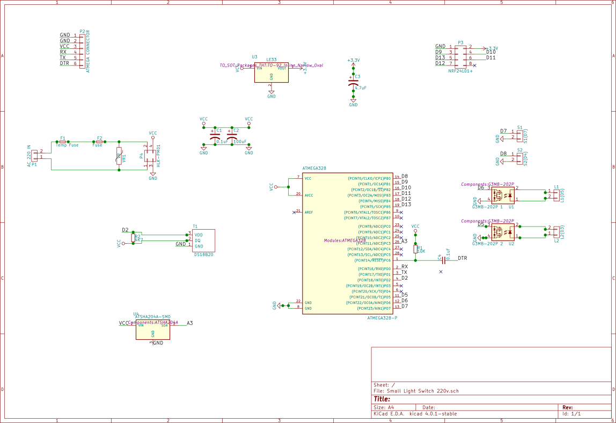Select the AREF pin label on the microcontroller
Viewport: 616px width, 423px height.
tap(309, 213)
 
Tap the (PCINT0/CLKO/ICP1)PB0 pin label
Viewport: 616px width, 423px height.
tap(369, 178)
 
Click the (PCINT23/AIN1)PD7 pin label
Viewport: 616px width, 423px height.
tap(370, 309)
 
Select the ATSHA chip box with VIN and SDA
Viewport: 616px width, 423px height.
tap(152, 330)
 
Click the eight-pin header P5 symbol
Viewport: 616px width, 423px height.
tap(460, 56)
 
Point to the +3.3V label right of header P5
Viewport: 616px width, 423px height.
tap(493, 48)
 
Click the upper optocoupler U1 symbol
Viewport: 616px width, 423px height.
tap(503, 195)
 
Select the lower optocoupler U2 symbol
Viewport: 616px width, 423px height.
tap(503, 232)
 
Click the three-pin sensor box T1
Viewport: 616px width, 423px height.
tap(204, 240)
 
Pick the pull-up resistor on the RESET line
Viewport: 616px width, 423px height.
tap(415, 249)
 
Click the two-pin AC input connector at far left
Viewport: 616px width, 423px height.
tap(35, 156)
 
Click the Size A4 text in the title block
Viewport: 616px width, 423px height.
tap(384, 407)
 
